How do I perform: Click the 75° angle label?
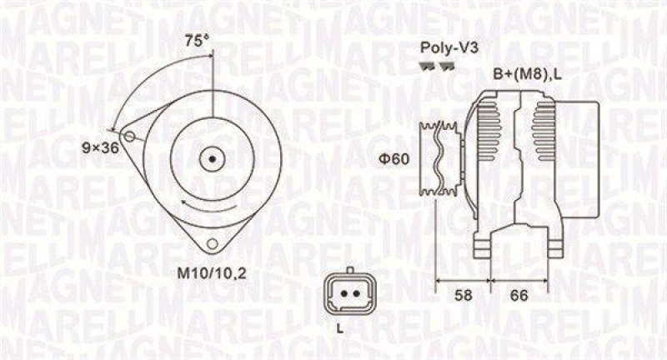[x=196, y=39]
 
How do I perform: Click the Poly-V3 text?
[x=443, y=48]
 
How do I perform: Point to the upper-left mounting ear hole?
[x=128, y=136]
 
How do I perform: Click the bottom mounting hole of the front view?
[x=213, y=242]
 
